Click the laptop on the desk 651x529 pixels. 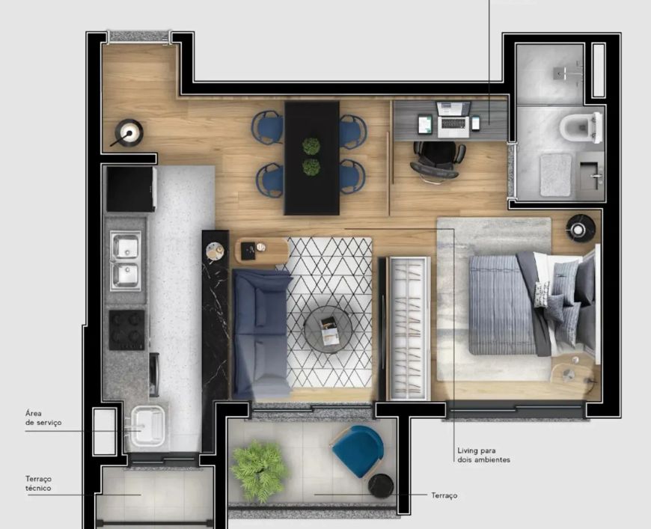[453, 120]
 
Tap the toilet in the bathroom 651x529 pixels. [581, 127]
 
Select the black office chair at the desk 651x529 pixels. [438, 161]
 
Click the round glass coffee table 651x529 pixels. [328, 329]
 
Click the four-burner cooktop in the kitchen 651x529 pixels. [127, 330]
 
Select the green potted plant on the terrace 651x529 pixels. [260, 470]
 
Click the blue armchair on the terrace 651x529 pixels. [358, 451]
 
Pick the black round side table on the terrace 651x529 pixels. [381, 486]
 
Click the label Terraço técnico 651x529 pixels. [38, 483]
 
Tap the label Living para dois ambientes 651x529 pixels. [483, 455]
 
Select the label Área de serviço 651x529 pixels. [43, 418]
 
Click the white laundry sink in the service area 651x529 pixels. [148, 426]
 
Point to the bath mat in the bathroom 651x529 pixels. [556, 174]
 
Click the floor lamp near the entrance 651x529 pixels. [129, 133]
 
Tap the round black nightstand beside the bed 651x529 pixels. [581, 227]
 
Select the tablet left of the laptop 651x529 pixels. [425, 124]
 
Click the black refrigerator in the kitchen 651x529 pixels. [131, 189]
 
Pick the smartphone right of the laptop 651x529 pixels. [476, 123]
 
